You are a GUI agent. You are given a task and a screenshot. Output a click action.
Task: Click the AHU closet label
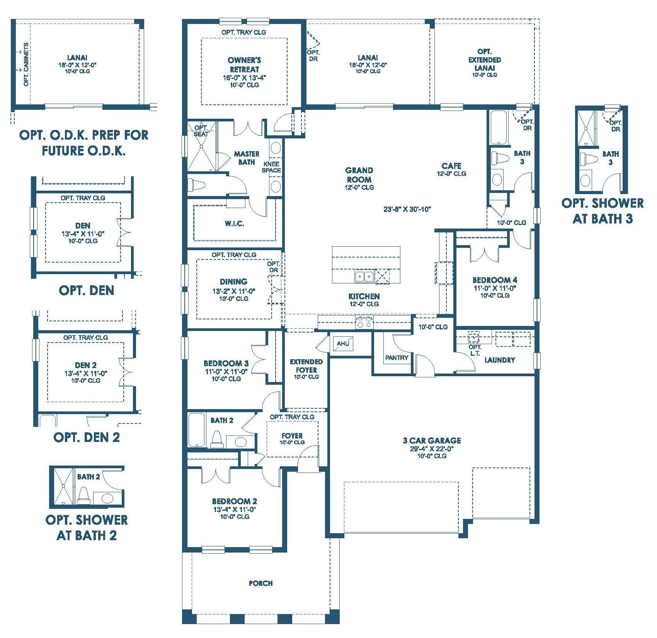(343, 343)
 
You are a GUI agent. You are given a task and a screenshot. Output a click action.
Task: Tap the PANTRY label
(397, 358)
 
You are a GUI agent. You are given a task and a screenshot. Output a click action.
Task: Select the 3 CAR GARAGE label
(432, 440)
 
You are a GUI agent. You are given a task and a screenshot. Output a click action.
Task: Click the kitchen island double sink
(364, 276)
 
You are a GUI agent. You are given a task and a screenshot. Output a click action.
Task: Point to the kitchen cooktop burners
(364, 322)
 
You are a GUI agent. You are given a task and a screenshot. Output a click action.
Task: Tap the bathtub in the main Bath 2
(196, 430)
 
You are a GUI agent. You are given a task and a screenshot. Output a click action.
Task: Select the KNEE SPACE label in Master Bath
(271, 167)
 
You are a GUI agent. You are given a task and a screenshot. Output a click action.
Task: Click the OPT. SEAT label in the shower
(201, 131)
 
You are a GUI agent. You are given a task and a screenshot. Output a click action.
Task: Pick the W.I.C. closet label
(234, 223)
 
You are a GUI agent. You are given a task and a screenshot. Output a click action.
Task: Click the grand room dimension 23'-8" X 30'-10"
(407, 209)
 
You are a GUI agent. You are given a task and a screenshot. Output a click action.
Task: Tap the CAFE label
(451, 166)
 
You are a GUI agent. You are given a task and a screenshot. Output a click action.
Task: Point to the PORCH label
(261, 583)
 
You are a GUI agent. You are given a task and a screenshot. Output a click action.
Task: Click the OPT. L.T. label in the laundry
(475, 350)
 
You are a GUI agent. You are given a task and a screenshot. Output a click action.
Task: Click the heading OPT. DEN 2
(87, 437)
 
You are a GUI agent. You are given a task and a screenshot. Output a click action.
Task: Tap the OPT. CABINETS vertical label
(26, 65)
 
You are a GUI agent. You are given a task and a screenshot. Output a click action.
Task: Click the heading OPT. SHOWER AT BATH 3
(603, 211)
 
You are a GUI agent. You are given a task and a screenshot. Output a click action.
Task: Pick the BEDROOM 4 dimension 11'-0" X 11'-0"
(495, 288)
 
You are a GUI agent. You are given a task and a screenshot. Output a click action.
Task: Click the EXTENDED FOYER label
(306, 366)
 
